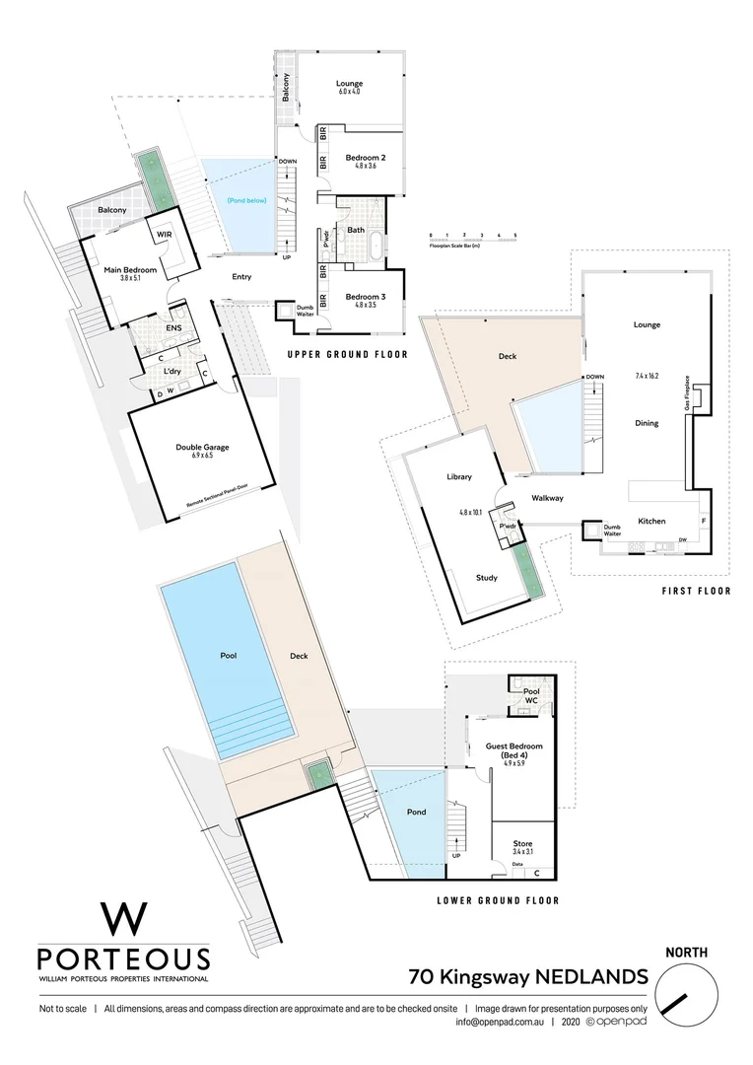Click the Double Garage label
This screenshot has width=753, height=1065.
(202, 447)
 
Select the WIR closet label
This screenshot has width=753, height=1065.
(162, 234)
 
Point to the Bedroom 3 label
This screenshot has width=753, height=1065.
(365, 296)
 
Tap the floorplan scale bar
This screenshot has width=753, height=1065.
(473, 235)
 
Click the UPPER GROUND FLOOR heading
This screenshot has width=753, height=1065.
(347, 353)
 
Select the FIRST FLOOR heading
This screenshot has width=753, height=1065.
(696, 592)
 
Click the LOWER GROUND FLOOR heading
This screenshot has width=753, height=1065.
(497, 900)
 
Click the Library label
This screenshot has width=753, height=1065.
(459, 476)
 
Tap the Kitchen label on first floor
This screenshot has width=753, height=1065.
(651, 521)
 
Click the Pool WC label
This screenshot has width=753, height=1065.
(531, 696)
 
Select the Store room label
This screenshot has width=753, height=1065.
(522, 843)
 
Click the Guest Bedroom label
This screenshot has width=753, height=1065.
(514, 746)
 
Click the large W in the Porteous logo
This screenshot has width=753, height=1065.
(123, 918)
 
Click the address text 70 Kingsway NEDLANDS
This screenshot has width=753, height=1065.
(527, 977)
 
